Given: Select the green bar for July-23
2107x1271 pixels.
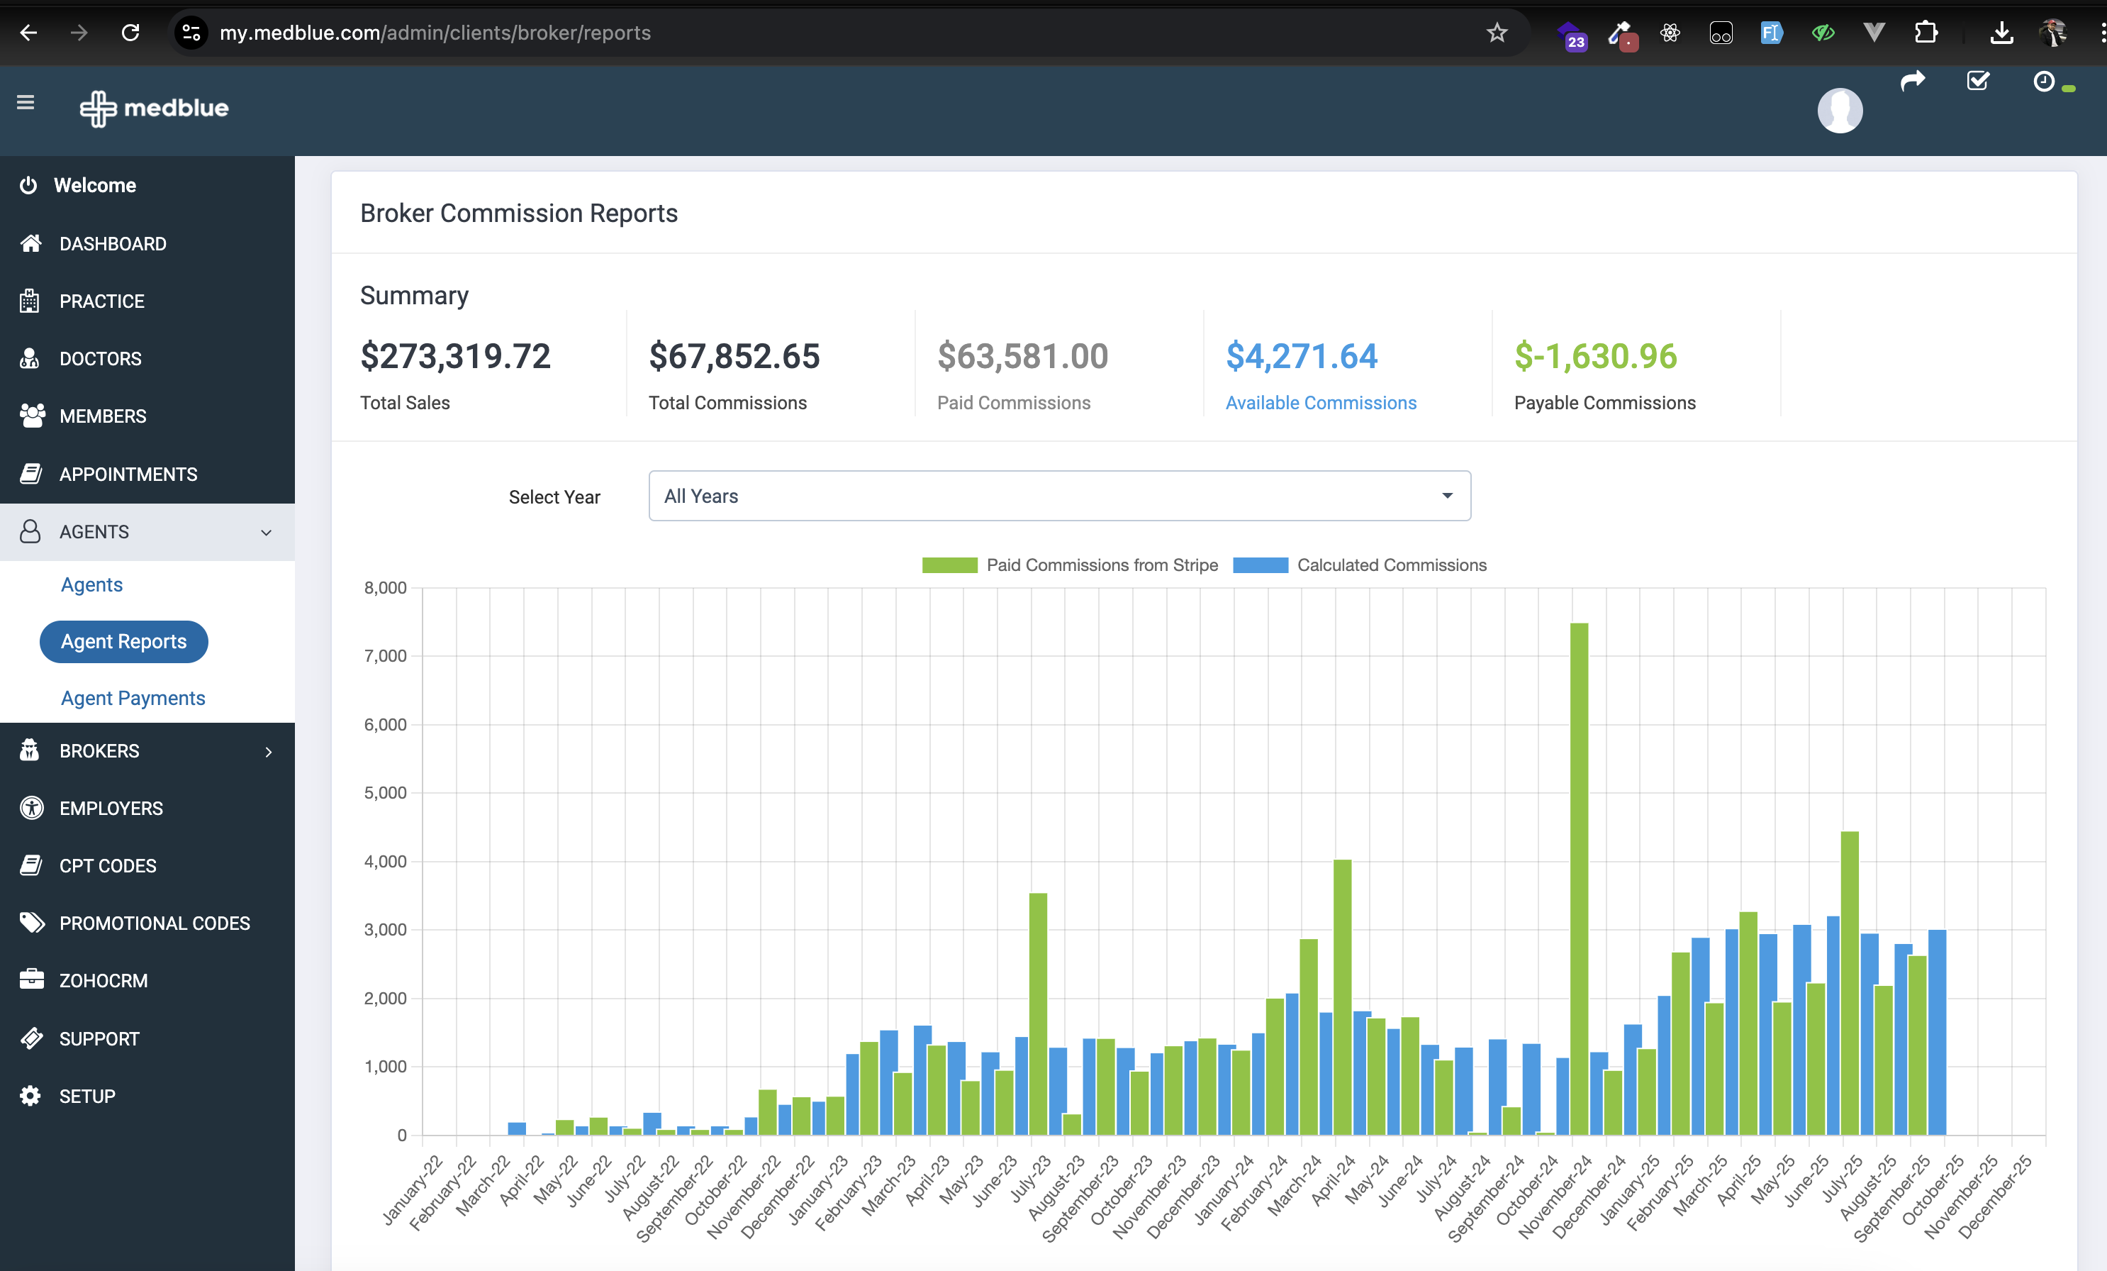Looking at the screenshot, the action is [1038, 1014].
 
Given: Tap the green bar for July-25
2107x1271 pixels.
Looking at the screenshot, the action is [1850, 983].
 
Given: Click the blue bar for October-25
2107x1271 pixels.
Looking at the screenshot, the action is [1937, 1033].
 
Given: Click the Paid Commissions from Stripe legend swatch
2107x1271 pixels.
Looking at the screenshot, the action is [949, 565].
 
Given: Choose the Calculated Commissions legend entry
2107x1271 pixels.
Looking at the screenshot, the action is [1360, 565].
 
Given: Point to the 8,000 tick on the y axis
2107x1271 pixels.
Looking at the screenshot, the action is [386, 587].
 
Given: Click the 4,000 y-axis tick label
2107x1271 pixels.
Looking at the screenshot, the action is [386, 861].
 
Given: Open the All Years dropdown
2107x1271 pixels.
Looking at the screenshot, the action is [1059, 496].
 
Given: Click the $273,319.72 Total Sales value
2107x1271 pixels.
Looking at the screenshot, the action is [456, 356].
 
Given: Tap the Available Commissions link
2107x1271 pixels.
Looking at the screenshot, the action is [1320, 403].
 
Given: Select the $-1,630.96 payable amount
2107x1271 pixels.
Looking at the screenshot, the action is [1596, 356].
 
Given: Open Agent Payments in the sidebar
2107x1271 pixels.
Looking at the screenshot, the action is [133, 698].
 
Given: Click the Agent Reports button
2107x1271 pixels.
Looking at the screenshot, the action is [124, 641].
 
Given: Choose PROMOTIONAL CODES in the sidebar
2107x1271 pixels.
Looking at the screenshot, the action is [155, 923].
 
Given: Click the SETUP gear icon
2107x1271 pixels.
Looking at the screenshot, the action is [30, 1096].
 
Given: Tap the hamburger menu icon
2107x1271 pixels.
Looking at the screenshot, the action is [26, 103].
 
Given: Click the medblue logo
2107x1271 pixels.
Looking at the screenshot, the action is [155, 108].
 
